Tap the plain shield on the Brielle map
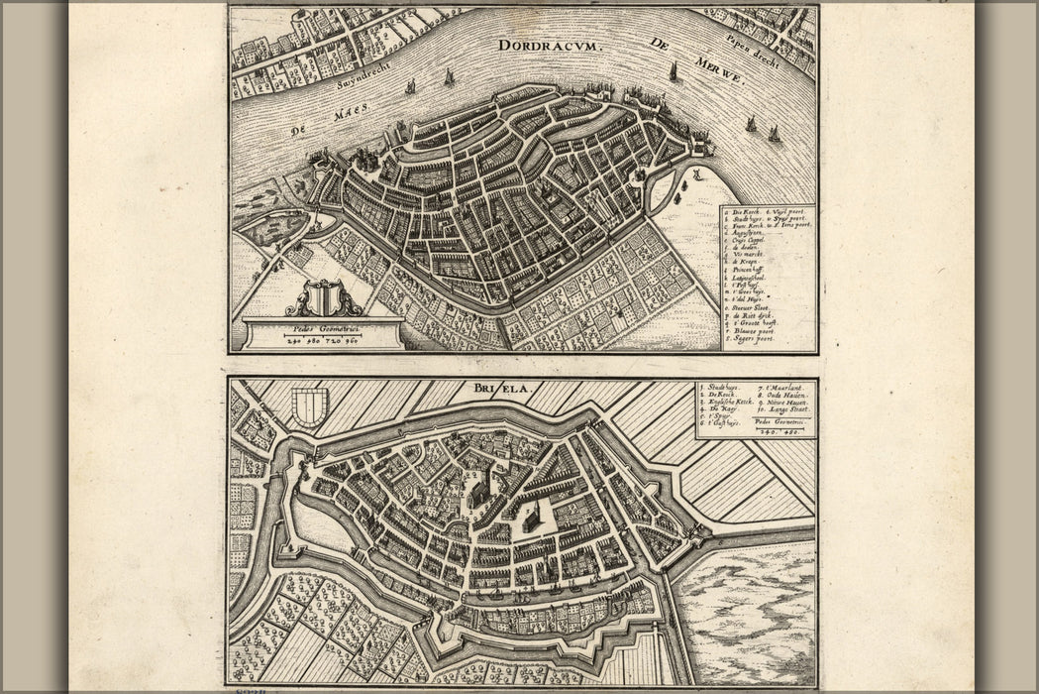[x=310, y=406]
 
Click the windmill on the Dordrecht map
[x=696, y=174]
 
